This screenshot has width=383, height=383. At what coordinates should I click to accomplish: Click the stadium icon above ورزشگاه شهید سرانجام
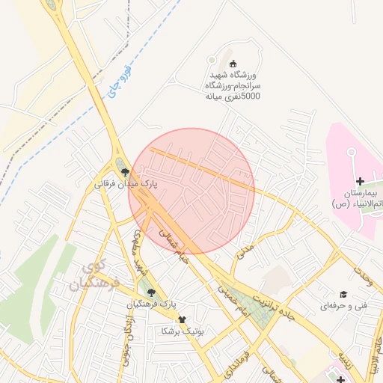coord(232,64)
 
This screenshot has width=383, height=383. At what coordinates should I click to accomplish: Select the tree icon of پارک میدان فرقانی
coord(125,171)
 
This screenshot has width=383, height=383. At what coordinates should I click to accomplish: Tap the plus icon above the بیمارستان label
coord(360,180)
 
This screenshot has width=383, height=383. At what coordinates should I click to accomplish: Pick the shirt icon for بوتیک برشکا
coord(181,318)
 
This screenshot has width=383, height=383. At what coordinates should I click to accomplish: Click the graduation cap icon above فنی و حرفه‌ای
coord(343,294)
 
